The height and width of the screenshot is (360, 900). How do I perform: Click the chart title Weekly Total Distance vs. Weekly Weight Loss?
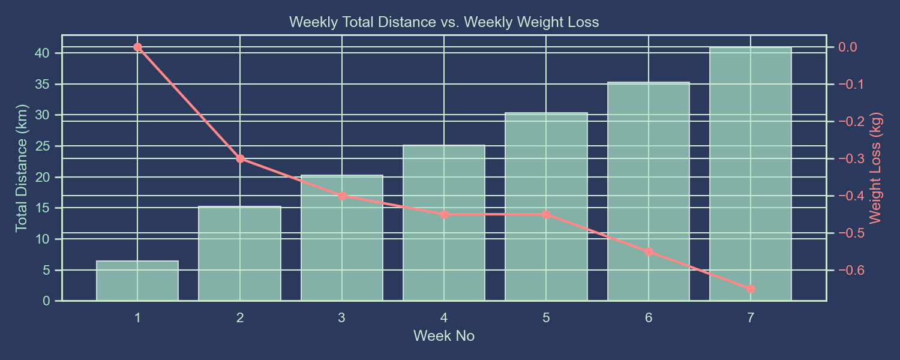(444, 23)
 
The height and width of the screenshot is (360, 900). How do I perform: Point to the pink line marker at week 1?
(137, 47)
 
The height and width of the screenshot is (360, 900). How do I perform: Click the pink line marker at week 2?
(240, 159)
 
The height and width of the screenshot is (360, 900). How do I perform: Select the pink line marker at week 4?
(444, 214)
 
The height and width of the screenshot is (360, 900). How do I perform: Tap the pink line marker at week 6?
(649, 251)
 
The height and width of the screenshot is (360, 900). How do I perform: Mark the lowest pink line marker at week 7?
(751, 289)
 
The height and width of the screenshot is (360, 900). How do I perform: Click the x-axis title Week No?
(444, 336)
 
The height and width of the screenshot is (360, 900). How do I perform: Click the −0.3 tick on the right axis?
(848, 159)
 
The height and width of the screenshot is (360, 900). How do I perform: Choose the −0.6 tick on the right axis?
(848, 271)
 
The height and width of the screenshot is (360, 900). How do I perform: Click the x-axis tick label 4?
(444, 318)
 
